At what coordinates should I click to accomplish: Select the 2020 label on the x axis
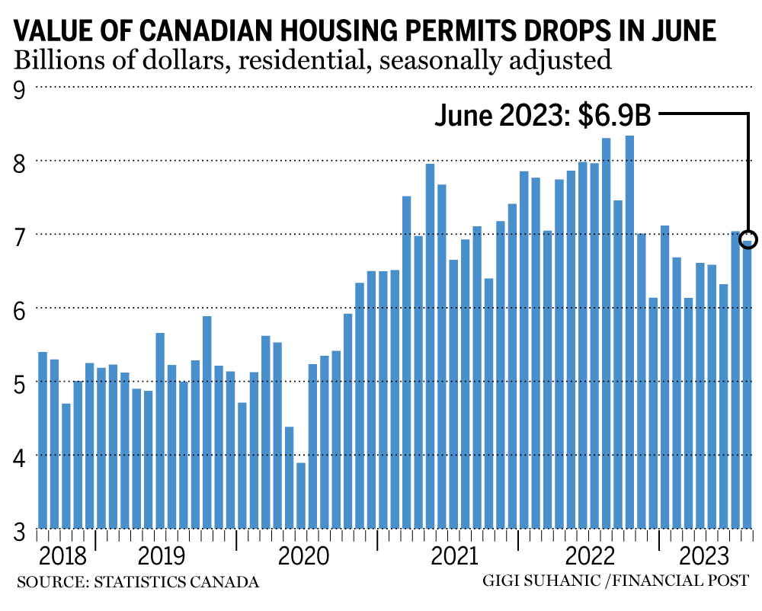(x=305, y=553)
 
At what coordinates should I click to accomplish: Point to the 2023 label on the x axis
(x=704, y=553)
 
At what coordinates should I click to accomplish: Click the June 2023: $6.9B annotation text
(x=543, y=116)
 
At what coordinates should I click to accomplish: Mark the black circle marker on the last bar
(x=748, y=237)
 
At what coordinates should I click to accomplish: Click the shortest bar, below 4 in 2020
(x=301, y=495)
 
